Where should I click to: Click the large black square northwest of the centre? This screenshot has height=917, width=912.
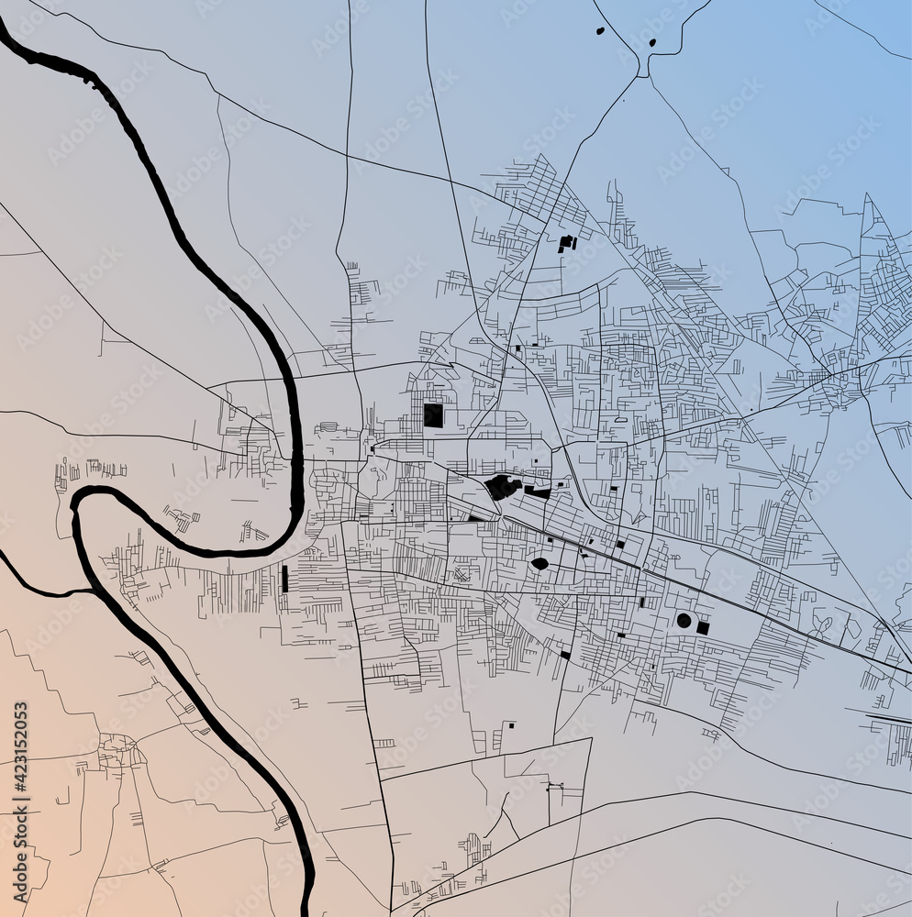pyautogui.click(x=433, y=415)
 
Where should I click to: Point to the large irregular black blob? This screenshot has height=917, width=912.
pyautogui.click(x=502, y=487)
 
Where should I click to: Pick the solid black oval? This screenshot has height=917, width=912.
pyautogui.click(x=539, y=564)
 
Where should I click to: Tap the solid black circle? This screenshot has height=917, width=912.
pyautogui.click(x=684, y=621)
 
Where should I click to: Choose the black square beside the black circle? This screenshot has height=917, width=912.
pyautogui.click(x=703, y=628)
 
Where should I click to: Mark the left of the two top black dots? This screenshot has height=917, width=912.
pyautogui.click(x=600, y=31)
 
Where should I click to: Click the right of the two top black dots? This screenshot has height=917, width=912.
pyautogui.click(x=652, y=42)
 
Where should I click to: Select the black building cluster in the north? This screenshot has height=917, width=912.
pyautogui.click(x=566, y=243)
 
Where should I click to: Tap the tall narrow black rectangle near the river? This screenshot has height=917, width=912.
pyautogui.click(x=284, y=578)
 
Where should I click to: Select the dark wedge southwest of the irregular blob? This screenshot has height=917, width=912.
pyautogui.click(x=476, y=518)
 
